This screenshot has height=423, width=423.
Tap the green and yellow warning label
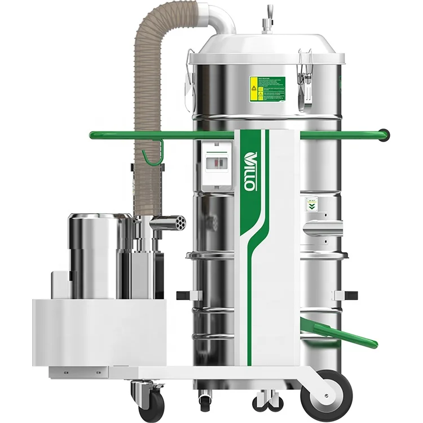click(x=267, y=89)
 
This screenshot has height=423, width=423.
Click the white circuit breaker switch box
click(x=217, y=164)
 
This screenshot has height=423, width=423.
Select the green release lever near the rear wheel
click(x=338, y=333)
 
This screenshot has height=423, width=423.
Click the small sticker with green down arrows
click(x=310, y=204)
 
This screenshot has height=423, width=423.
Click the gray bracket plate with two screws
click(x=78, y=372)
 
